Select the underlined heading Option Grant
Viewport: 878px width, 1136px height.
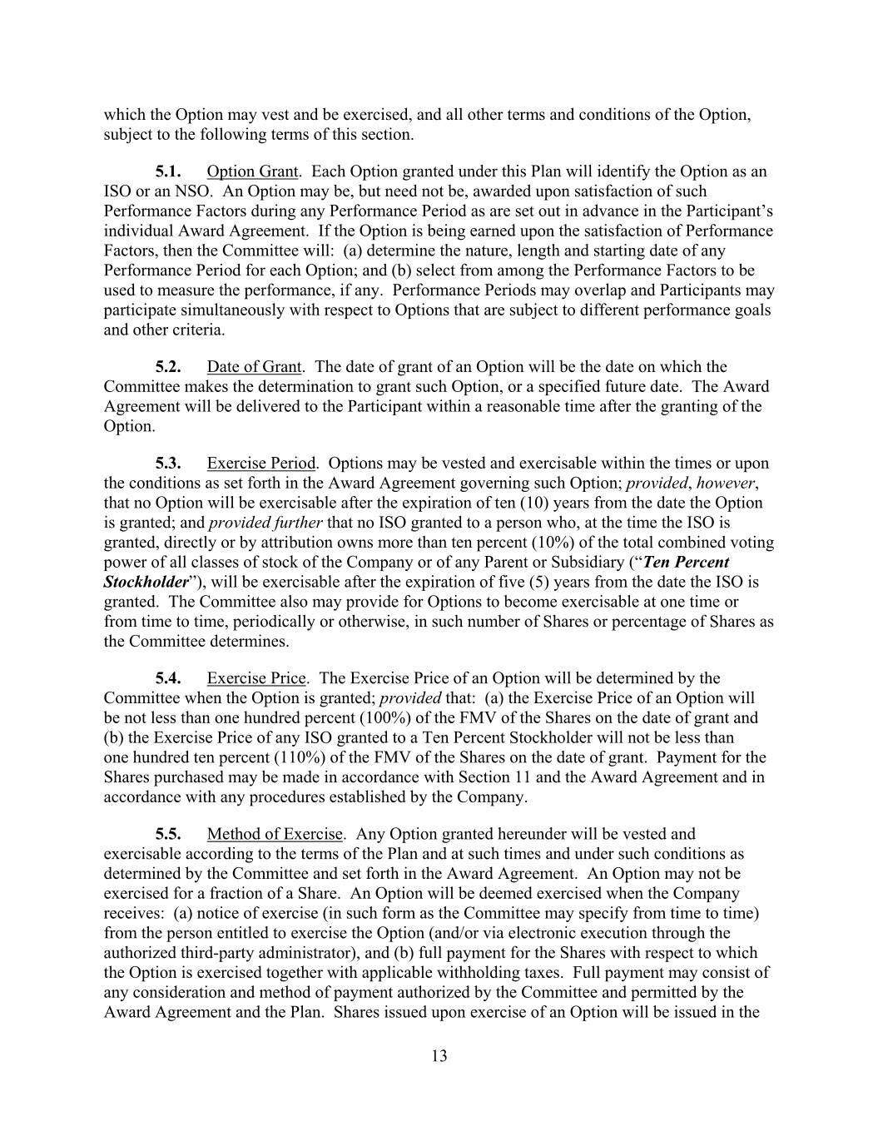252,172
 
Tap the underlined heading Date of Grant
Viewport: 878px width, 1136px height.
255,367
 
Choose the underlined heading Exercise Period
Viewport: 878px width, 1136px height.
261,464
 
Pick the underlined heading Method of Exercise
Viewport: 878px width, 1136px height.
275,834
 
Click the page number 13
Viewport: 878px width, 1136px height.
439,1056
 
